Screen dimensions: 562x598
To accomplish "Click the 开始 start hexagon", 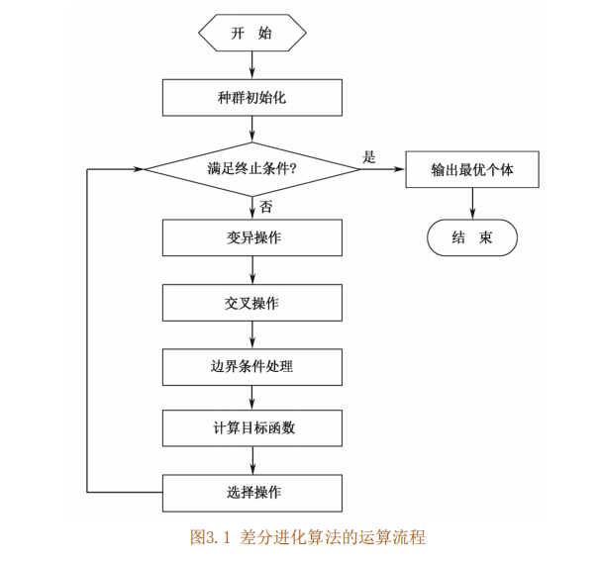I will (x=252, y=33).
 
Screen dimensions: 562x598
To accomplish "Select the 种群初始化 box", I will (x=252, y=98).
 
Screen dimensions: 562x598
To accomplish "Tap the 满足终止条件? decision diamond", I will (x=252, y=169).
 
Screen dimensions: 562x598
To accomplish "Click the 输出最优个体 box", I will (x=471, y=169).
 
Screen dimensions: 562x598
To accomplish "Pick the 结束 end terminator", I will (x=471, y=237).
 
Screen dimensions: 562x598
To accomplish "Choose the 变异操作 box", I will (x=252, y=237).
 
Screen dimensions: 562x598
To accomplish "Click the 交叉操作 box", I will (x=252, y=303).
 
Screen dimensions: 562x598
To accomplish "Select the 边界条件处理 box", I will (x=252, y=367).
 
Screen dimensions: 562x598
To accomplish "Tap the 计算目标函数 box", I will (x=252, y=428).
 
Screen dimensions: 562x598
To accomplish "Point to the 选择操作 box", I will (x=252, y=492).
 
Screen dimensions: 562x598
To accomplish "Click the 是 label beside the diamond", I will (x=370, y=156).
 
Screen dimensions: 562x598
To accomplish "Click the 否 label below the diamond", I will (x=266, y=206).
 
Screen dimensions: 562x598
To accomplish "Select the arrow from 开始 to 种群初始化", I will (x=252, y=64).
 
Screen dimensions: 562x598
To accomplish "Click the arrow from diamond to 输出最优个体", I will (x=383, y=169).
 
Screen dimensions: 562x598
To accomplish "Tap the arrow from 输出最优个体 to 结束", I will (x=471, y=203).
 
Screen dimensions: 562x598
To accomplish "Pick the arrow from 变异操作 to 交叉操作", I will (x=252, y=270).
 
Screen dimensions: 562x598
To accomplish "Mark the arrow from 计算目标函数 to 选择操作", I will (x=252, y=460).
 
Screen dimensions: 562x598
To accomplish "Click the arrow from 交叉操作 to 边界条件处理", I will (x=252, y=334).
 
